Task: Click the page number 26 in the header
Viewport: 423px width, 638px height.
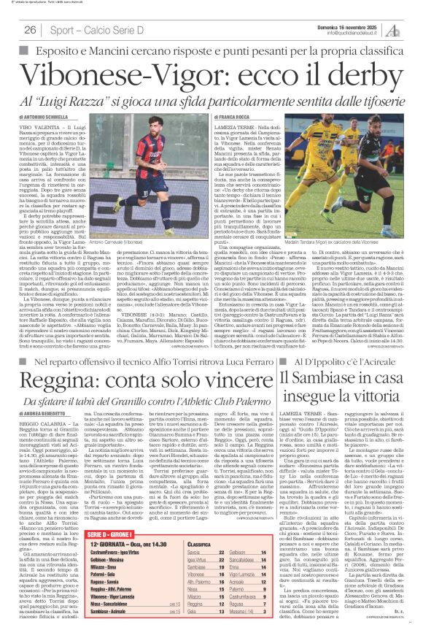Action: (31, 30)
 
